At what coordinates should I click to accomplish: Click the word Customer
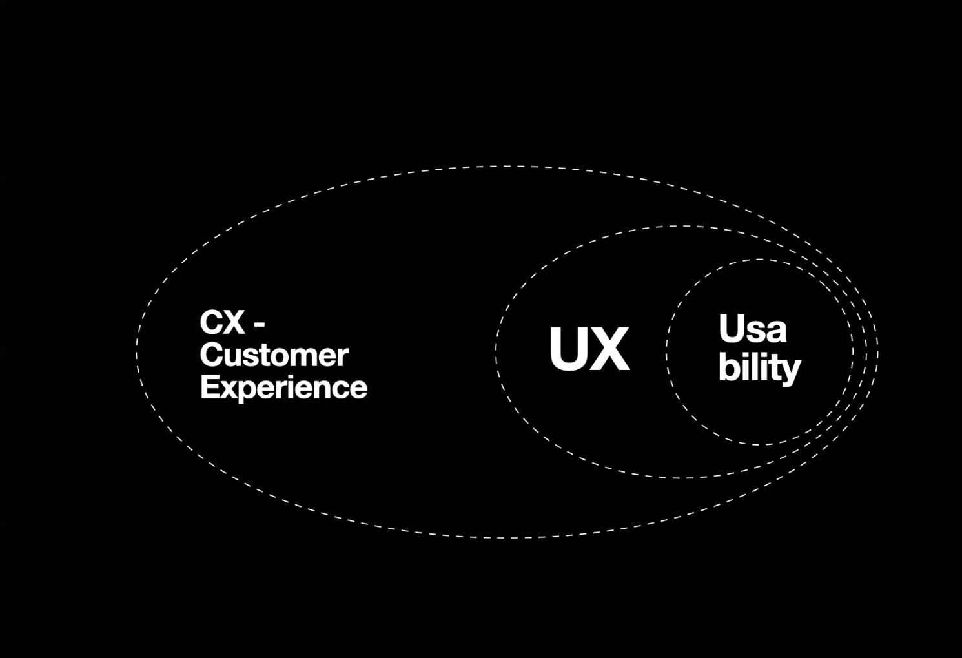click(x=274, y=356)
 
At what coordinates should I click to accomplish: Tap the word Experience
click(x=283, y=388)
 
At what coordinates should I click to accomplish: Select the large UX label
click(x=589, y=349)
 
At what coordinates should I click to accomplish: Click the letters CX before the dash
click(x=221, y=323)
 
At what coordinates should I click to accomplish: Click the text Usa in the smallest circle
click(x=752, y=329)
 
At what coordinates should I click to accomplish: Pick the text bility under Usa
click(x=759, y=368)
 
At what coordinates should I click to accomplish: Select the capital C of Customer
click(x=210, y=356)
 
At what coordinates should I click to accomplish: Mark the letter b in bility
click(x=727, y=367)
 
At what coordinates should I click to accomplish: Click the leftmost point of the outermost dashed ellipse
click(x=137, y=352)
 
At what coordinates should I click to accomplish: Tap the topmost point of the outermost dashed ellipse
click(x=507, y=167)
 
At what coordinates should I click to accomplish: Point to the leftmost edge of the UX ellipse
click(x=496, y=352)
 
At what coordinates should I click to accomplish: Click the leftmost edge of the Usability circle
click(x=667, y=352)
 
